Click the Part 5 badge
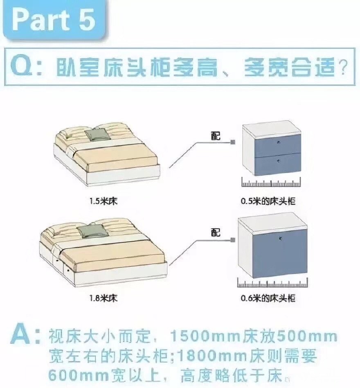pyautogui.click(x=54, y=20)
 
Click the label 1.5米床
pyautogui.click(x=103, y=201)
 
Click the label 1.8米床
pyautogui.click(x=103, y=298)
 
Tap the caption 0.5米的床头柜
pyautogui.click(x=268, y=201)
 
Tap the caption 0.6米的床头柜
pyautogui.click(x=268, y=298)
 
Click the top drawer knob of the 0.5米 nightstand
pyautogui.click(x=279, y=142)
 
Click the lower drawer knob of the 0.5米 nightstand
pyautogui.click(x=279, y=161)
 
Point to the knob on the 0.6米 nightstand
pyautogui.click(x=280, y=239)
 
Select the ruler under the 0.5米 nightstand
pyautogui.click(x=271, y=182)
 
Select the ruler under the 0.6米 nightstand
pyautogui.click(x=272, y=283)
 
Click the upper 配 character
pyautogui.click(x=216, y=135)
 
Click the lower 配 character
pyautogui.click(x=216, y=232)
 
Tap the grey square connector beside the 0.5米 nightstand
pyautogui.click(x=233, y=142)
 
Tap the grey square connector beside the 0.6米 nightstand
pyautogui.click(x=233, y=240)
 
